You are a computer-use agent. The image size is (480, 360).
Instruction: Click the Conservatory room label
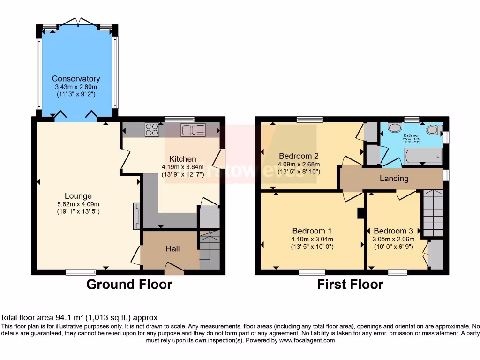pyautogui.click(x=76, y=79)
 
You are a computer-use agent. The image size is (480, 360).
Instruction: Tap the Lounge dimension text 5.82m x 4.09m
pyautogui.click(x=78, y=204)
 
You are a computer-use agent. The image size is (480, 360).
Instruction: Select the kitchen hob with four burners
pyautogui.click(x=152, y=129)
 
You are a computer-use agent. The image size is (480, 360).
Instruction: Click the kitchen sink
pyautogui.click(x=193, y=129)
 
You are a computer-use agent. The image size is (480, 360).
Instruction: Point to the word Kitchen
pyautogui.click(x=182, y=159)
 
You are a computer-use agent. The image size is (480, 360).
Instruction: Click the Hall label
pyautogui.click(x=173, y=249)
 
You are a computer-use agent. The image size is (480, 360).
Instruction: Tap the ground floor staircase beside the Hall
pyautogui.click(x=209, y=248)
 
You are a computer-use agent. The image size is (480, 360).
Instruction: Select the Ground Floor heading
pyautogui.click(x=129, y=285)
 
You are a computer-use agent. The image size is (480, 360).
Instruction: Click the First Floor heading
pyautogui.click(x=350, y=285)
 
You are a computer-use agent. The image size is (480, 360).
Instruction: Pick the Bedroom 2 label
pyautogui.click(x=299, y=156)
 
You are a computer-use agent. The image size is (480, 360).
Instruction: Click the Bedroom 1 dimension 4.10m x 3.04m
pyautogui.click(x=312, y=239)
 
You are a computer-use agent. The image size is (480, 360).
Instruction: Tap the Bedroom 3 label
pyautogui.click(x=393, y=231)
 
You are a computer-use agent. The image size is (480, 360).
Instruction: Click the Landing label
pyautogui.click(x=394, y=179)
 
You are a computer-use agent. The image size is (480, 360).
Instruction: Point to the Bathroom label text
pyautogui.click(x=412, y=135)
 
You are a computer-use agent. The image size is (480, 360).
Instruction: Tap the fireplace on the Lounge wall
pyautogui.click(x=136, y=216)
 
